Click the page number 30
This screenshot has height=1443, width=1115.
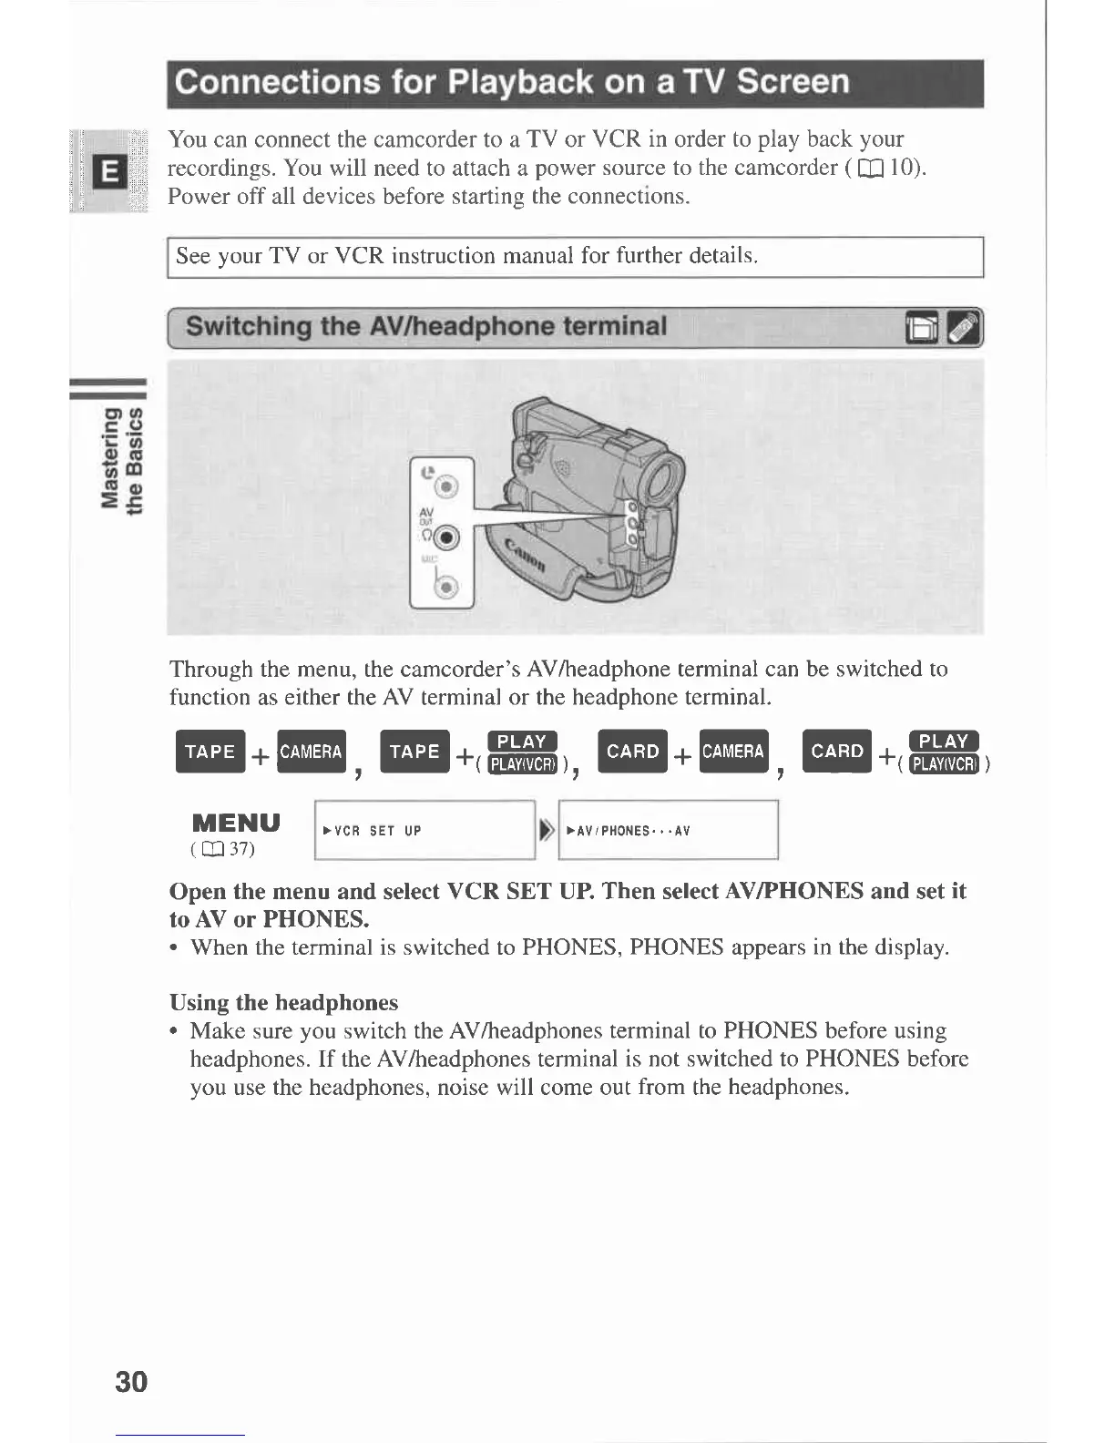131,1381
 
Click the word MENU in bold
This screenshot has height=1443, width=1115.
236,824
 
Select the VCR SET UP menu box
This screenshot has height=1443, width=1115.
425,830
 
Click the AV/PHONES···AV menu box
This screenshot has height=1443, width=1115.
668,830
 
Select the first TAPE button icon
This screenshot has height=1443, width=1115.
210,752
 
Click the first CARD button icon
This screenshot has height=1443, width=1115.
632,752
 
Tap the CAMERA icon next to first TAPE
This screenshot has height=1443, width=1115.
312,752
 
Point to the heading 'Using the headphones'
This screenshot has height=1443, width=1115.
283,1003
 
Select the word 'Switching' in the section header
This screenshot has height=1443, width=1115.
249,326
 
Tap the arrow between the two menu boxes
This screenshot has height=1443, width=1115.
546,830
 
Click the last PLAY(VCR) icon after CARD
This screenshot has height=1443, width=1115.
944,763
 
